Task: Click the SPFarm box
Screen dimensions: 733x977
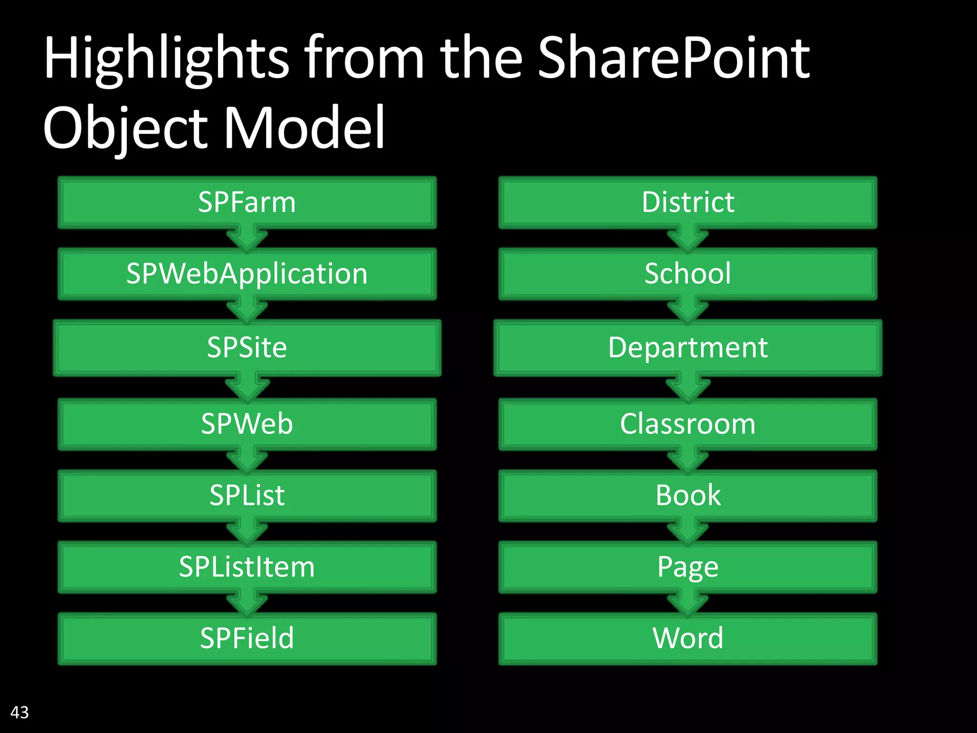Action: [x=247, y=202]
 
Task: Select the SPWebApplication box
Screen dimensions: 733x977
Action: [x=247, y=274]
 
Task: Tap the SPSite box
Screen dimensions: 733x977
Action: [x=247, y=347]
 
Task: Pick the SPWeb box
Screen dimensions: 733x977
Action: [x=247, y=424]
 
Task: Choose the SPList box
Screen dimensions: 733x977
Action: [x=247, y=495]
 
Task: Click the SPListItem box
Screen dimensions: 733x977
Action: [x=247, y=567]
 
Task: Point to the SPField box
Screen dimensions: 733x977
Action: [x=247, y=639]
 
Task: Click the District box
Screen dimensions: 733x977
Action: [x=687, y=202]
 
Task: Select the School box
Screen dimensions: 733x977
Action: [x=687, y=274]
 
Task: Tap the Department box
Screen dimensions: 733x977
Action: [x=687, y=347]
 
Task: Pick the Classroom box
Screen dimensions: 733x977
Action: [x=687, y=424]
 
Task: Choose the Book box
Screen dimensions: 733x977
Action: [x=687, y=495]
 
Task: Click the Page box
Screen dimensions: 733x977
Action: [x=687, y=567]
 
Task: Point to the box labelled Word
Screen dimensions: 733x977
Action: [x=687, y=639]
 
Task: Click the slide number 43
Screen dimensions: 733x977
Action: [x=20, y=712]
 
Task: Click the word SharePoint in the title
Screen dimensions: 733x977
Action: [x=673, y=58]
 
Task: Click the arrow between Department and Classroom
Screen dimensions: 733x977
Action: [x=687, y=388]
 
